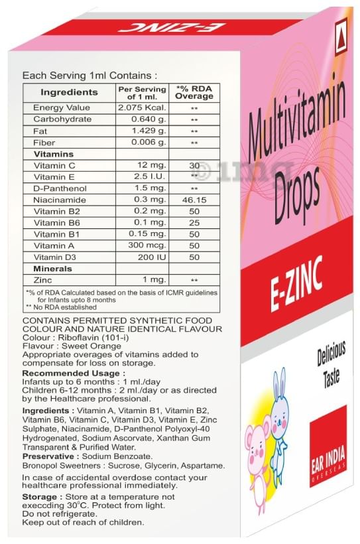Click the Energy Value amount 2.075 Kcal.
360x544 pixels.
pos(141,107)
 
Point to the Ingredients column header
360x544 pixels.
pos(69,92)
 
